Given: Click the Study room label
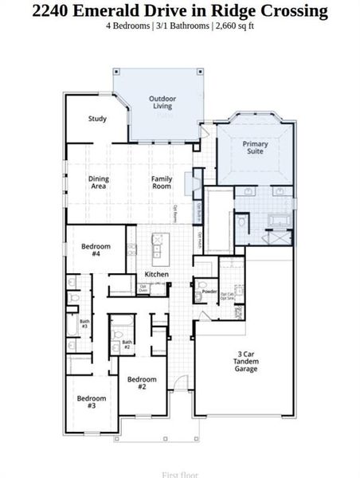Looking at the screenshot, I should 97,119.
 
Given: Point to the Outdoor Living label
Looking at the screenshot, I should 162,103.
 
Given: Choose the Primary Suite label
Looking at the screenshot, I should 256,148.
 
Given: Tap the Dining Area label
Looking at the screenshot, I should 99,182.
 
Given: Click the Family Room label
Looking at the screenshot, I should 162,182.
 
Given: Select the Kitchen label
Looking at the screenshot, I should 156,274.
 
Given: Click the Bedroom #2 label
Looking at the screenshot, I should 142,383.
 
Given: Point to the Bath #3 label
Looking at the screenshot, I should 84,325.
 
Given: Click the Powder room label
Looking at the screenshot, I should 209,292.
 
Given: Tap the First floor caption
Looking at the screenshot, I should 180,474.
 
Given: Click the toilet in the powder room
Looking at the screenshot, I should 202,284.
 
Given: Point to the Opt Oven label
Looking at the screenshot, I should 143,288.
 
